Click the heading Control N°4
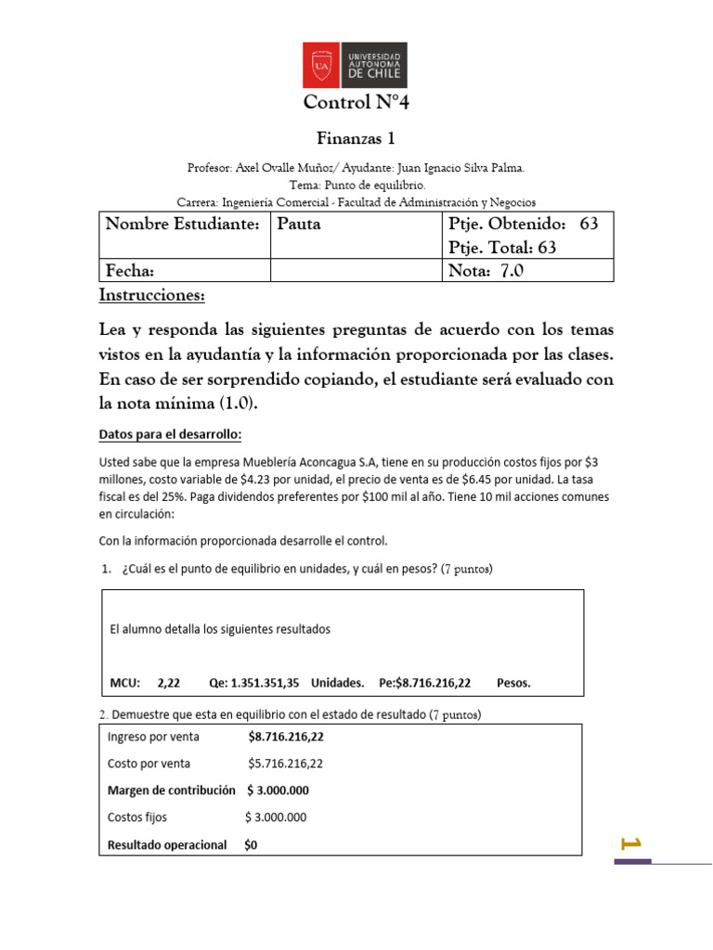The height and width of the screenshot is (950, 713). (x=356, y=102)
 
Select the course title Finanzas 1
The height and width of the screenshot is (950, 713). (x=356, y=139)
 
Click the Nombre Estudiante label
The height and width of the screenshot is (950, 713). (x=181, y=225)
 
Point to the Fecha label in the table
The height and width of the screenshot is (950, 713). (x=129, y=270)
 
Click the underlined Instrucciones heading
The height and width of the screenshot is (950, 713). (x=151, y=295)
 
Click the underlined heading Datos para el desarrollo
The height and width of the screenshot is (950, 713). (x=169, y=435)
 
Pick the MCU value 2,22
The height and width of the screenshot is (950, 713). (x=168, y=682)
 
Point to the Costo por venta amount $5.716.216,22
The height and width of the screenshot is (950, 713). (x=285, y=764)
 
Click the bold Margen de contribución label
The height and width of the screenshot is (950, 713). (x=174, y=790)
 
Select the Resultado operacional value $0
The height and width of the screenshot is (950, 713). (x=252, y=845)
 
